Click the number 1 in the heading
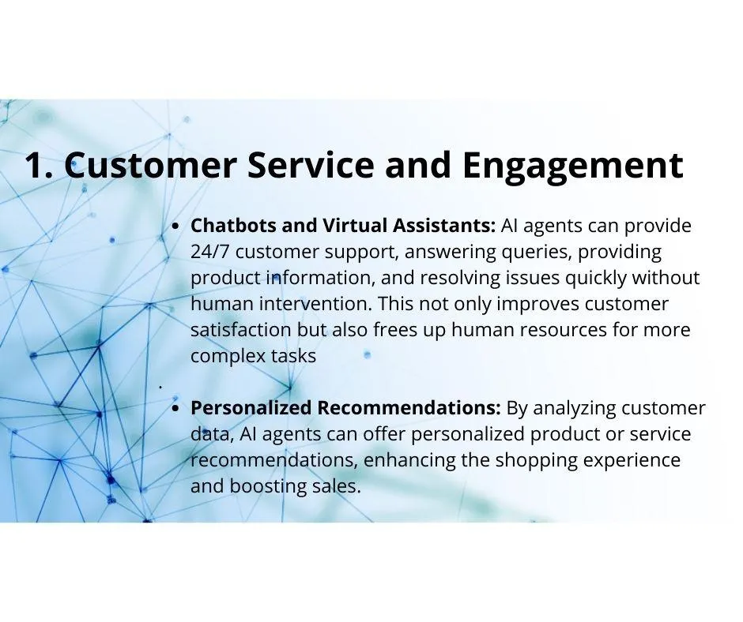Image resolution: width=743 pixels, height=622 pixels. (34, 165)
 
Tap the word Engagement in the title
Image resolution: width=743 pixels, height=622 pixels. (573, 167)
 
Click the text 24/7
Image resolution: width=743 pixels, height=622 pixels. (210, 251)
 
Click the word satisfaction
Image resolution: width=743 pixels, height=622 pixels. (241, 329)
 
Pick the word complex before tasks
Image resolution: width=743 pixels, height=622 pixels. (228, 357)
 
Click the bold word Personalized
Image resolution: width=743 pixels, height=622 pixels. (251, 407)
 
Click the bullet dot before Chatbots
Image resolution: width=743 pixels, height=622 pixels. (175, 227)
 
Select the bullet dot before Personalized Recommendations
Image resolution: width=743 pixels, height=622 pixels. (175, 409)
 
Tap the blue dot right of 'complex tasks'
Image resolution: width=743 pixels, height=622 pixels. (367, 354)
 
